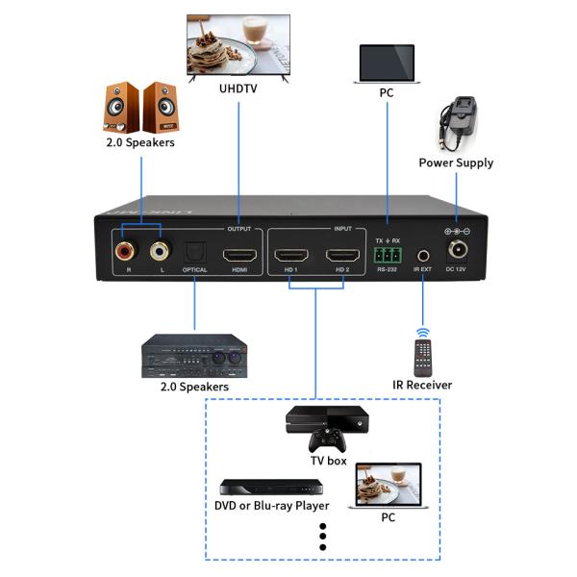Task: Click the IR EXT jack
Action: (423, 257)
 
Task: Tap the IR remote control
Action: (423, 352)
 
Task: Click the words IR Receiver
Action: (423, 386)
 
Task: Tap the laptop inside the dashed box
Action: (388, 486)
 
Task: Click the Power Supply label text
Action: (456, 163)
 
